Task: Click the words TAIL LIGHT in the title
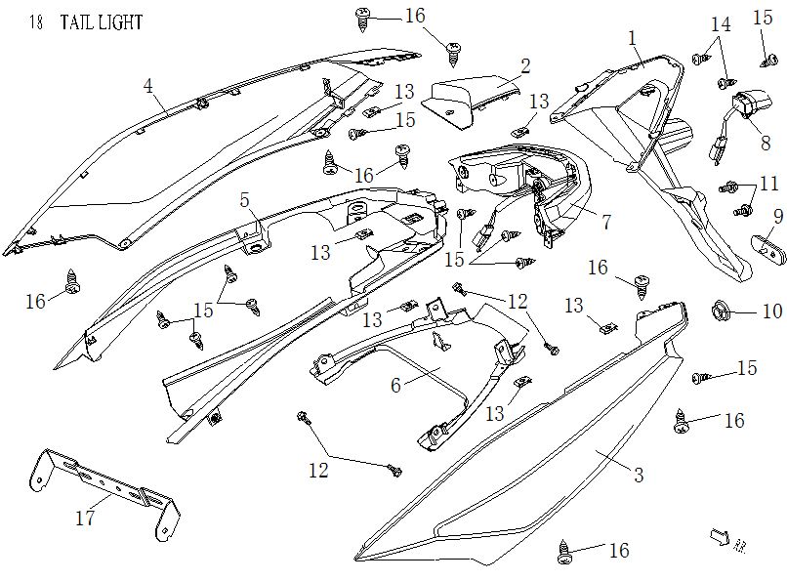(x=102, y=22)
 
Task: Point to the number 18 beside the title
(x=36, y=22)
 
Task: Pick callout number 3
(x=639, y=476)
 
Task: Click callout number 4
(x=148, y=86)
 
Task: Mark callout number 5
(x=246, y=200)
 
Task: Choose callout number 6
(x=395, y=386)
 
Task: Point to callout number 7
(x=606, y=222)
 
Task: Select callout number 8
(x=766, y=142)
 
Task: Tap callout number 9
(x=778, y=216)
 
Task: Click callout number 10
(x=771, y=312)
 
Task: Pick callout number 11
(x=769, y=183)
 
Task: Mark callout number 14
(x=720, y=23)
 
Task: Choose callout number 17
(x=85, y=519)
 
